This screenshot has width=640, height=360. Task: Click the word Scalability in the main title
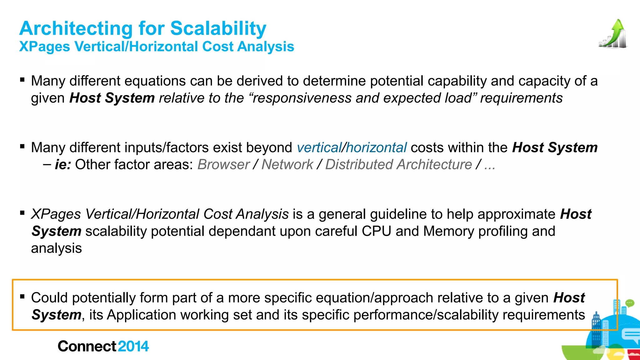[218, 28]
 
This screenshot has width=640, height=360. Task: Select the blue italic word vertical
[319, 147]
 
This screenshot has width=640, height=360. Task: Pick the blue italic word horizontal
[376, 147]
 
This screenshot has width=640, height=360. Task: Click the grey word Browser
[223, 164]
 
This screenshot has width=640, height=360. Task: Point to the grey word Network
[287, 164]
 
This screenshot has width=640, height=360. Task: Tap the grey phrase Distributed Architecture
[398, 164]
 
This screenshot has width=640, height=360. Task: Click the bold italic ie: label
[63, 164]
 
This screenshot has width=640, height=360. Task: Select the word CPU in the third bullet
[377, 231]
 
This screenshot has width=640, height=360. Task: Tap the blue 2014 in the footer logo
[133, 346]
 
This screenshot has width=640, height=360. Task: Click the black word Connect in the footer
[87, 346]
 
